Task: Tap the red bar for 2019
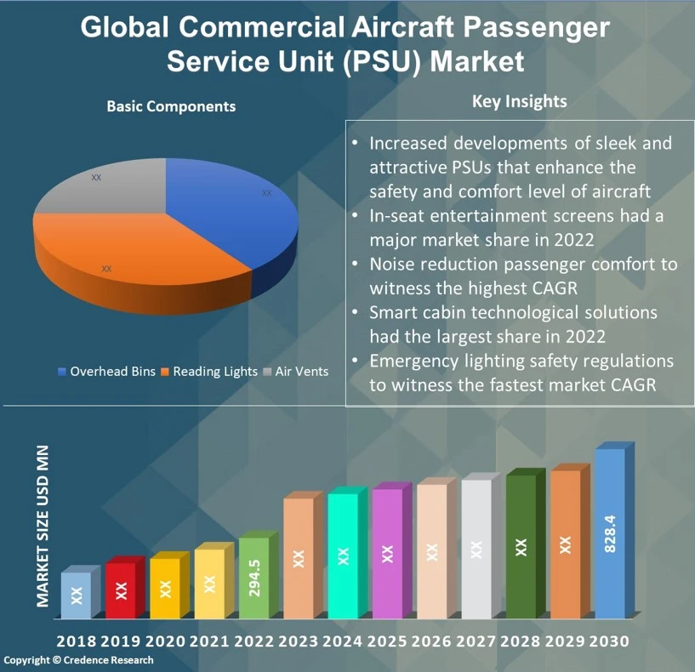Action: pyautogui.click(x=121, y=589)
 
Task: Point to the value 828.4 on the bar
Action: pyautogui.click(x=609, y=534)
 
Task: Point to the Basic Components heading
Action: pyautogui.click(x=171, y=106)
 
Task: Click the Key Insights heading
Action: pyautogui.click(x=519, y=102)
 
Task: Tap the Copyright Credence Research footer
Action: pyautogui.click(x=78, y=660)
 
